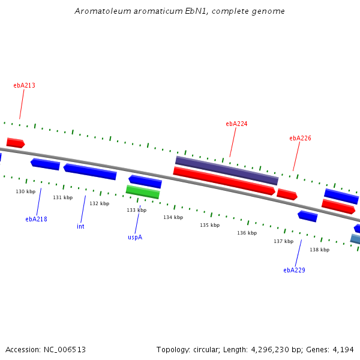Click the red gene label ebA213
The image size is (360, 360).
(x=25, y=85)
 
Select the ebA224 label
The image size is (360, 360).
(x=236, y=124)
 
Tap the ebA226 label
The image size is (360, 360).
(x=300, y=138)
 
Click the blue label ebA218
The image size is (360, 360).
(x=36, y=219)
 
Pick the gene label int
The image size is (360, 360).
(x=80, y=226)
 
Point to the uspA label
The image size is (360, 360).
(x=135, y=237)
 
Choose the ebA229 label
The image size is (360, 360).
(x=294, y=270)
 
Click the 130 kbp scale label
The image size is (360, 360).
(x=25, y=191)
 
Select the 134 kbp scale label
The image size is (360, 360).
(x=173, y=217)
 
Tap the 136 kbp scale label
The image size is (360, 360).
(x=247, y=233)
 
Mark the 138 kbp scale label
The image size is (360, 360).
(x=319, y=250)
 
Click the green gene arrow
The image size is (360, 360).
(x=143, y=192)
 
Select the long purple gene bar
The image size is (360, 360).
(x=227, y=170)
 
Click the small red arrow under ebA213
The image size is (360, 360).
(x=16, y=143)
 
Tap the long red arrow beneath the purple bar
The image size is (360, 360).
(x=224, y=181)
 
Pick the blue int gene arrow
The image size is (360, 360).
(x=90, y=172)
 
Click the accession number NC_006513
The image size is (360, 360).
(x=65, y=350)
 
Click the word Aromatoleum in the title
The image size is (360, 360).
(x=103, y=11)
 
